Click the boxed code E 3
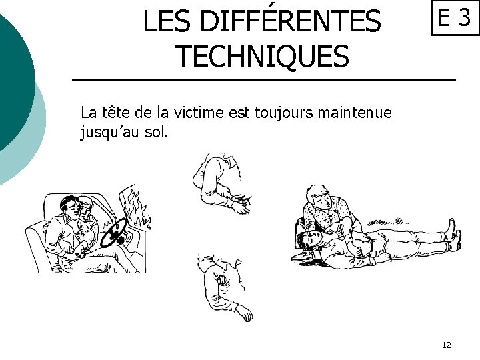tap(455, 19)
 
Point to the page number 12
tap(446, 345)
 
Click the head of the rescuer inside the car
tap(87, 203)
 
